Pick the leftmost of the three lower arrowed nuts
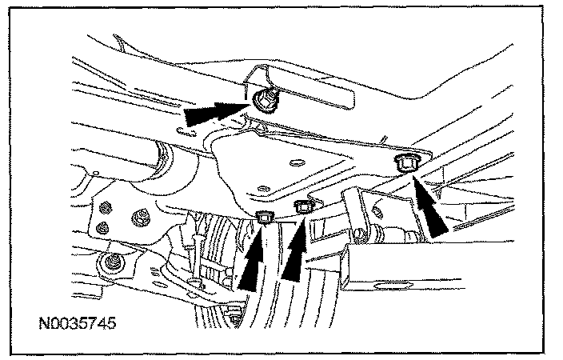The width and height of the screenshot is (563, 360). tap(265, 215)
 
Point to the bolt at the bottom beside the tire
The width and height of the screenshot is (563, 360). tap(234, 317)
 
